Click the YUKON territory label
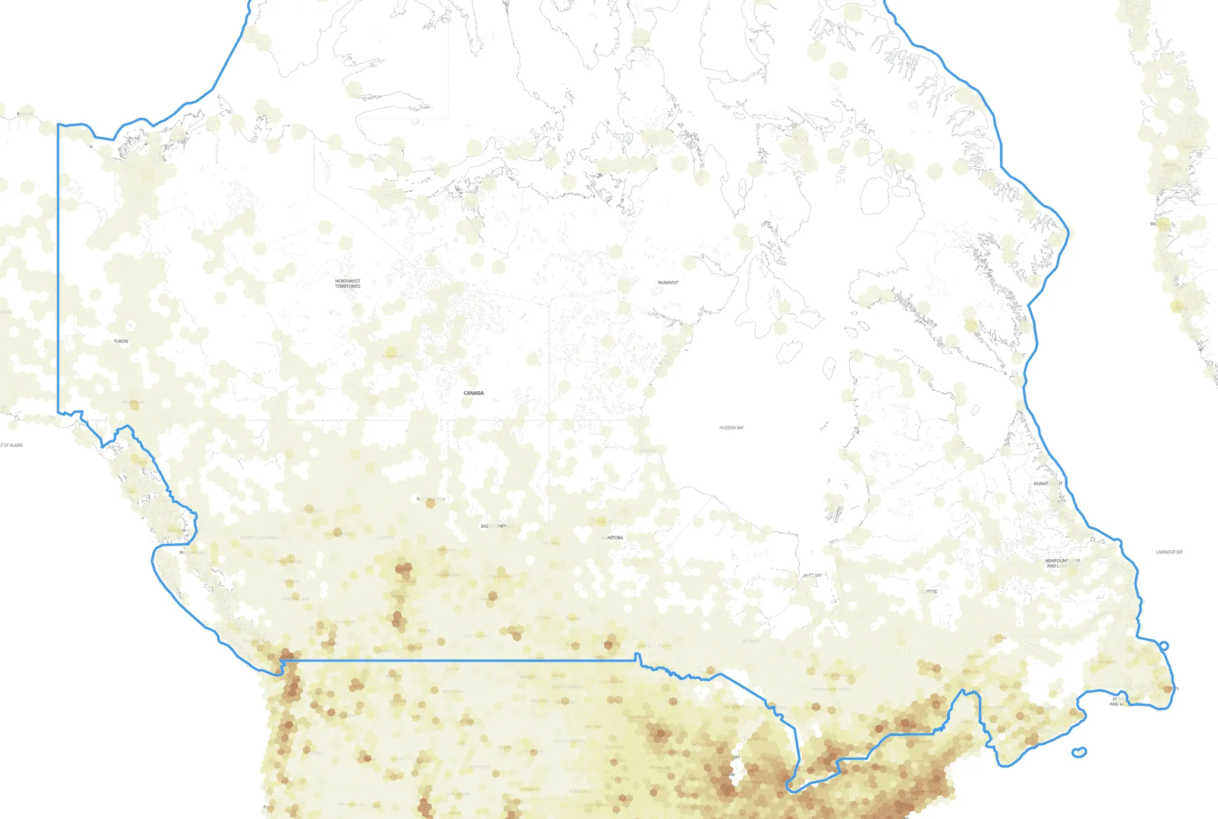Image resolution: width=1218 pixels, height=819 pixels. (121, 341)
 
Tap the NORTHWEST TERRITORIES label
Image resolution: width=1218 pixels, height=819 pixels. (347, 284)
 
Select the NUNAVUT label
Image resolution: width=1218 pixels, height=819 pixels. (668, 283)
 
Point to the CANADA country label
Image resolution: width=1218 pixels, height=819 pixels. (473, 393)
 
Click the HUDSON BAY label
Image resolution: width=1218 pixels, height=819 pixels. (732, 428)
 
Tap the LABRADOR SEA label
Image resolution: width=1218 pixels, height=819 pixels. (1169, 552)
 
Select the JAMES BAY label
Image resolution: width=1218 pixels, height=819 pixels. (812, 576)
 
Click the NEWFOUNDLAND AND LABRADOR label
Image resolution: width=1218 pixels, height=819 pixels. (1062, 563)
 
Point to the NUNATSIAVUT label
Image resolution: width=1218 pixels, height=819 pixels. (1047, 484)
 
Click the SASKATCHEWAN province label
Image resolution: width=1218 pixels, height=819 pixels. (494, 526)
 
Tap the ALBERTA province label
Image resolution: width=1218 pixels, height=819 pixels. (385, 538)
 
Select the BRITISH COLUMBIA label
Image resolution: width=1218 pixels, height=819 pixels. (259, 538)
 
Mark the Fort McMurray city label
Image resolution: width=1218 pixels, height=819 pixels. (431, 499)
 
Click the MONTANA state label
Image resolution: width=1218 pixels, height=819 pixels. (453, 692)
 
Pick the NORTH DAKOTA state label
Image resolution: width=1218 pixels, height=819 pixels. (567, 687)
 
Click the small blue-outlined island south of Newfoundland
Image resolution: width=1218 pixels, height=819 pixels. (1079, 752)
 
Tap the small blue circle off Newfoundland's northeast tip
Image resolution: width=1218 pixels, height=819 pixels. (1164, 646)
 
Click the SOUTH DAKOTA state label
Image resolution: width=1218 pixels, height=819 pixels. (570, 741)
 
